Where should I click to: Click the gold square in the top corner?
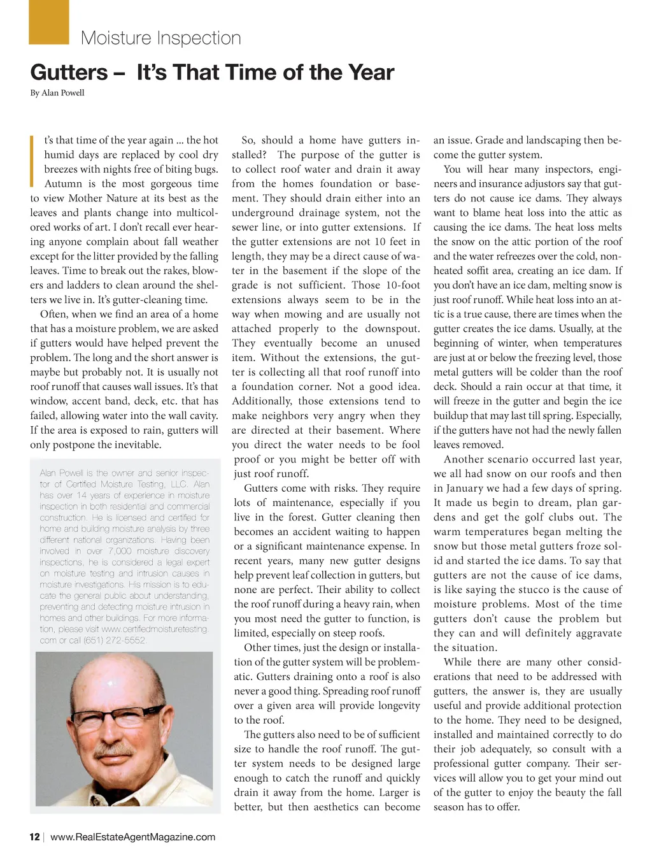coord(49,22)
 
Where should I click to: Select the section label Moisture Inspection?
coord(160,38)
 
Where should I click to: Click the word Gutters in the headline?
coord(69,73)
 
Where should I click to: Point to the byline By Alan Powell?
coord(57,93)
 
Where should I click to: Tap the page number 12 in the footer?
coord(34,837)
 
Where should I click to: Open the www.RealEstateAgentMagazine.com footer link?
coord(132,837)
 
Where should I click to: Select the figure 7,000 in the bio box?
coord(120,551)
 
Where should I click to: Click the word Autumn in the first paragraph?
coord(64,184)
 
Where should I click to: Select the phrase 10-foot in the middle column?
coord(403,285)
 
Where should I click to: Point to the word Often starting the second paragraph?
coord(53,314)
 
